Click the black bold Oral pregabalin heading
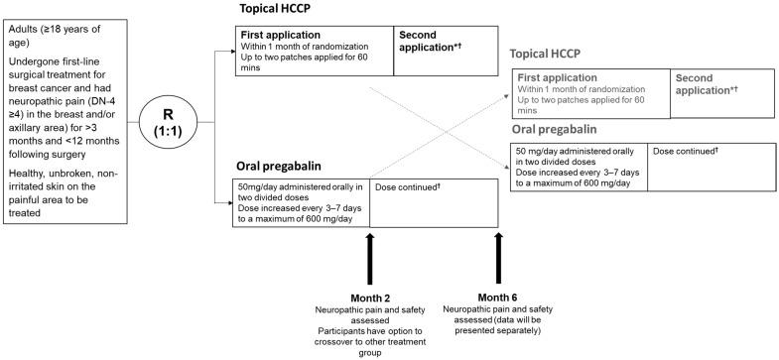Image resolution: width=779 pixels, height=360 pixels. [x=288, y=166]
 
